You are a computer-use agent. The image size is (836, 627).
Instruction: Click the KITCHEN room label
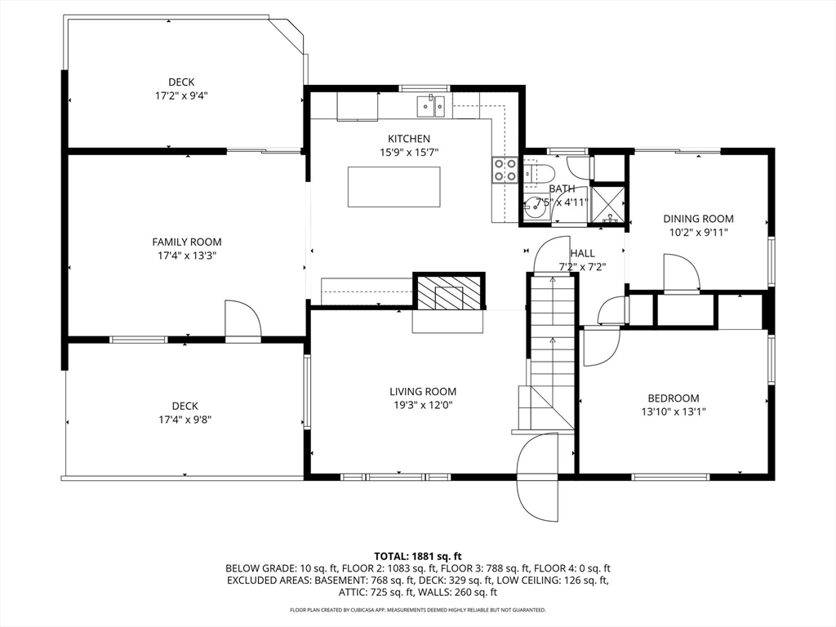pos(409,139)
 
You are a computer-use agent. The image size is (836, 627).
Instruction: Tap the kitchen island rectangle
pos(394,187)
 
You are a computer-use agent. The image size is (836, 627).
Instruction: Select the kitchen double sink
pos(431,105)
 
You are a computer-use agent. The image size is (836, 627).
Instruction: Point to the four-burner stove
pos(505,170)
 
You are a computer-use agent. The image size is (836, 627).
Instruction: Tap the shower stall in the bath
pos(607,203)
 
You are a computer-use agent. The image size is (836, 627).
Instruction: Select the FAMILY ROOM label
pos(187,242)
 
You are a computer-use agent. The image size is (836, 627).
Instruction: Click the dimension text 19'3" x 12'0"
pos(424,405)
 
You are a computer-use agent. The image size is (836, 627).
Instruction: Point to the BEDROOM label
pos(674,398)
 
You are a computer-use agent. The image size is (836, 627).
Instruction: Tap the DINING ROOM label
pos(699,219)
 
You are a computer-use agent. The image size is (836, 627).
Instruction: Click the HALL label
pos(582,253)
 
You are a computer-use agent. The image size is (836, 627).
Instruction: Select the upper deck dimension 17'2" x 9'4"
pos(181,96)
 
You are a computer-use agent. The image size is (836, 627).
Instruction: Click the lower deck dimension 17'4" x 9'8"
pos(185,420)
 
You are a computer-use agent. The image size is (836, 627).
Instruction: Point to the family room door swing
pos(242,318)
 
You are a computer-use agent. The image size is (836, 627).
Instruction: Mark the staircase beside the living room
pos(553,352)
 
